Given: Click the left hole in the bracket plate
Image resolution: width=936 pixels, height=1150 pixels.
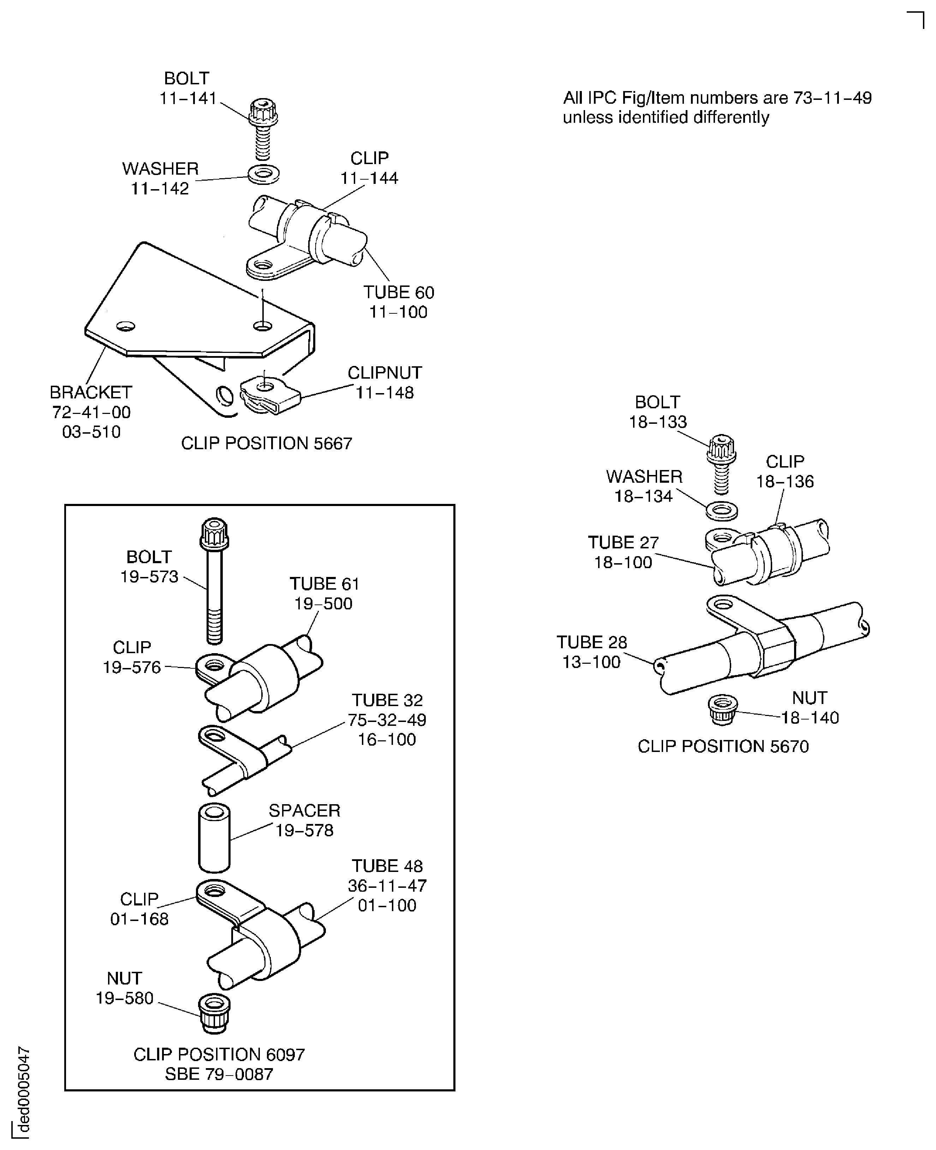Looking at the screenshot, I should tap(126, 326).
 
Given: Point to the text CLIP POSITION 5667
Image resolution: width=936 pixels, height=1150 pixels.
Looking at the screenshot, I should tap(266, 444).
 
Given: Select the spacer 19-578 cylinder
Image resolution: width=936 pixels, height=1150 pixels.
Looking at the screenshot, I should tap(215, 838).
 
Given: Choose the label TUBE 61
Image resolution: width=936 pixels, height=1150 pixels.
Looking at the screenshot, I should tap(324, 584).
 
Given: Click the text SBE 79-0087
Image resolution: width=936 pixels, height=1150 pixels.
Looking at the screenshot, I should tap(219, 1074).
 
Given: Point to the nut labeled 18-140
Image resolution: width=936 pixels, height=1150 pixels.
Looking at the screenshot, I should tap(722, 710).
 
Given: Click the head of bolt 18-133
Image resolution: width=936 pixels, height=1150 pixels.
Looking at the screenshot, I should tap(721, 449).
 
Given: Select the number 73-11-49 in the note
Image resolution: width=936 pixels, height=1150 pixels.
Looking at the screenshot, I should tap(832, 98).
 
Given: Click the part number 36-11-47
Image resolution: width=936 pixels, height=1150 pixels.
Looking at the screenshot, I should tap(387, 885).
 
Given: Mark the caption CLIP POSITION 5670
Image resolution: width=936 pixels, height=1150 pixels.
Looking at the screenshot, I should tap(723, 746).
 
